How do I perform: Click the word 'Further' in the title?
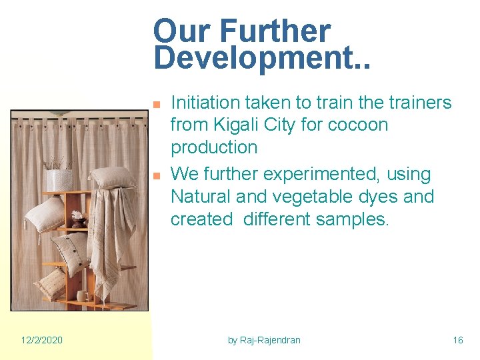275,31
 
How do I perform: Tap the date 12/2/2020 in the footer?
41,340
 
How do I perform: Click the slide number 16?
457,340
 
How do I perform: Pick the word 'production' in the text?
213,147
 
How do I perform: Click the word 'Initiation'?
205,103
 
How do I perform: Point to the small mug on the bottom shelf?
81,295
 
